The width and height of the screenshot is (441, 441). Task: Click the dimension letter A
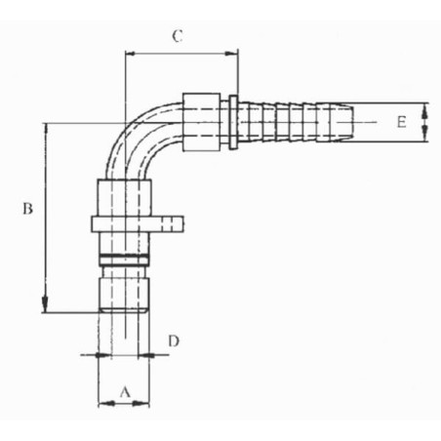(125, 392)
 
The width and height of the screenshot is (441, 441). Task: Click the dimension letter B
(27, 209)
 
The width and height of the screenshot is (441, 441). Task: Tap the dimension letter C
(177, 36)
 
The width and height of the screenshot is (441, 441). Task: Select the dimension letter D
(174, 341)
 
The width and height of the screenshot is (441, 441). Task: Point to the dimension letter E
(401, 122)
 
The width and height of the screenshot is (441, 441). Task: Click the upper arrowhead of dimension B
(46, 129)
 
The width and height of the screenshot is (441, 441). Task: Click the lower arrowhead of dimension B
(45, 306)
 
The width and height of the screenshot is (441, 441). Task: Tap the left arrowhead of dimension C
(132, 54)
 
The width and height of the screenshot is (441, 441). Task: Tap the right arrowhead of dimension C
(231, 54)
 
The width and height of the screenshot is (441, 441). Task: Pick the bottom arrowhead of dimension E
(424, 135)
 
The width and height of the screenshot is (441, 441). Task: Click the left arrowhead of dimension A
(105, 404)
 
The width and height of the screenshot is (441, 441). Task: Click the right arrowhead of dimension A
(141, 404)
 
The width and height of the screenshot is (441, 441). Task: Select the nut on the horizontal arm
(202, 122)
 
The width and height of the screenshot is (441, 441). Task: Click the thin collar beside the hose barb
(233, 122)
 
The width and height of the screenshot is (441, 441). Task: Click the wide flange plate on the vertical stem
(138, 224)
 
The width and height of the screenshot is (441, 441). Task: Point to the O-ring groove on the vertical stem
(124, 261)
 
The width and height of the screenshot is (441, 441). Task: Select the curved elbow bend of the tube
(137, 137)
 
